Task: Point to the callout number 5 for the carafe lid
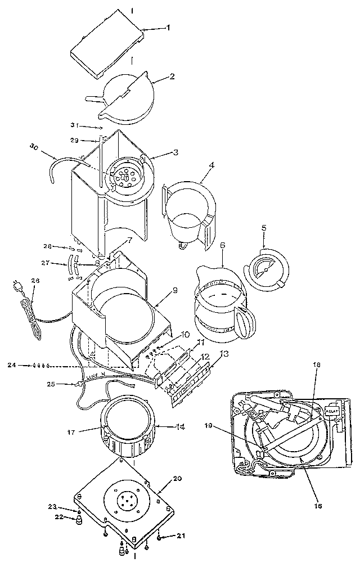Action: (x=263, y=229)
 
